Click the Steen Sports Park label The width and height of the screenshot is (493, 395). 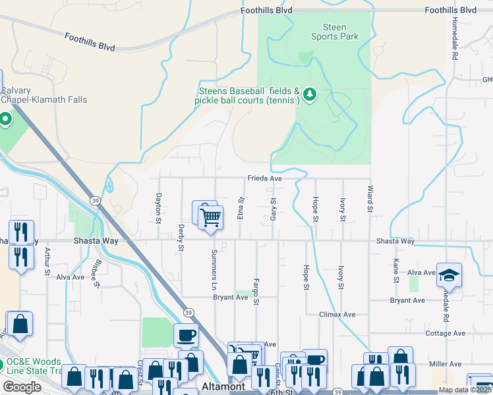point(335,32)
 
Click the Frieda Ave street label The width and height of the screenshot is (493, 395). point(265,178)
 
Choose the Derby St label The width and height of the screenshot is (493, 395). point(181,238)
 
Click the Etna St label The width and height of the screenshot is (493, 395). point(241,208)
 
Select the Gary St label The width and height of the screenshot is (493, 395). point(273,209)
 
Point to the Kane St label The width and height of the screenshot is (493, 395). point(396,270)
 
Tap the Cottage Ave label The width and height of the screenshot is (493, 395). point(445,334)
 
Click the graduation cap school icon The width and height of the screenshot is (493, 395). point(449,275)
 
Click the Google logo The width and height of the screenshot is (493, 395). point(22,387)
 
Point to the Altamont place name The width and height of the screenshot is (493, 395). point(224,386)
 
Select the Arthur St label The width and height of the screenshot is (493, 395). point(47,262)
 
